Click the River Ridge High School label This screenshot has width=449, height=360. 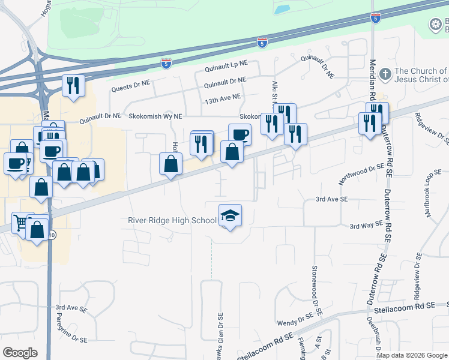(x=172, y=220)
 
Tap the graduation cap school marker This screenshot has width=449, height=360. (x=230, y=215)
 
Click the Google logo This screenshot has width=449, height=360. (x=20, y=353)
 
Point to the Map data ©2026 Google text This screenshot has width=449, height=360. (x=412, y=355)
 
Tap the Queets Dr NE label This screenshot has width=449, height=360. (x=130, y=87)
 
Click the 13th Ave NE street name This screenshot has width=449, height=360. (x=221, y=97)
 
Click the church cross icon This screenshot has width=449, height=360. (x=385, y=74)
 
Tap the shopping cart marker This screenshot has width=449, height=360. (x=21, y=223)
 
